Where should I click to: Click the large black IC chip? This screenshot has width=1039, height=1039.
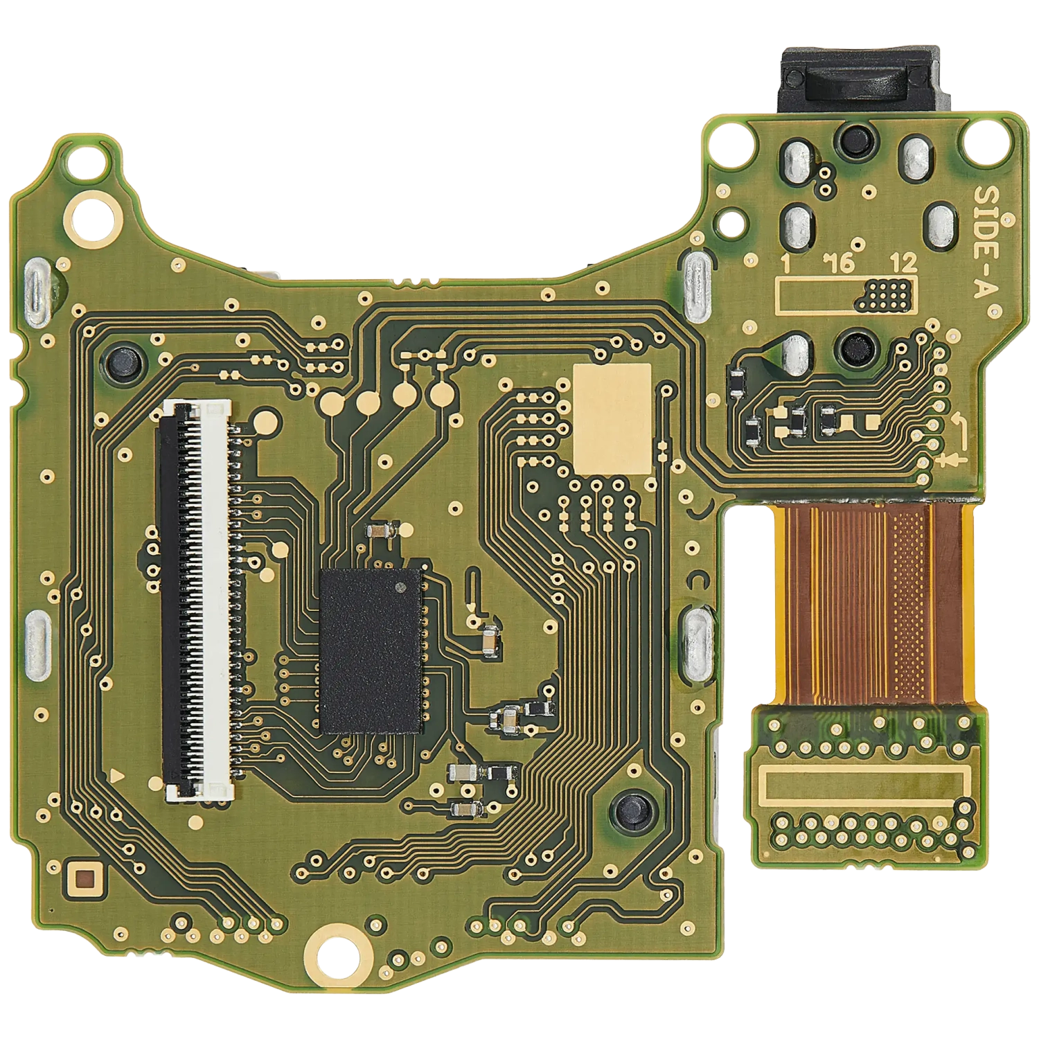tap(371, 651)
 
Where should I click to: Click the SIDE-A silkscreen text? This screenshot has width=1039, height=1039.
tap(990, 241)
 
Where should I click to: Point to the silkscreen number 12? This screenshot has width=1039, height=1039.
tap(903, 263)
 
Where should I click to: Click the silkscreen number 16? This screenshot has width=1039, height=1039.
tap(839, 263)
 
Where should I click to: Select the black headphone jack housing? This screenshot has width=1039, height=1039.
tap(860, 80)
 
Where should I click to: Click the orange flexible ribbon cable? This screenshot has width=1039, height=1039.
tap(874, 603)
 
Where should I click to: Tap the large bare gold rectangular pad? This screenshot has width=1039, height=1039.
tap(613, 418)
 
